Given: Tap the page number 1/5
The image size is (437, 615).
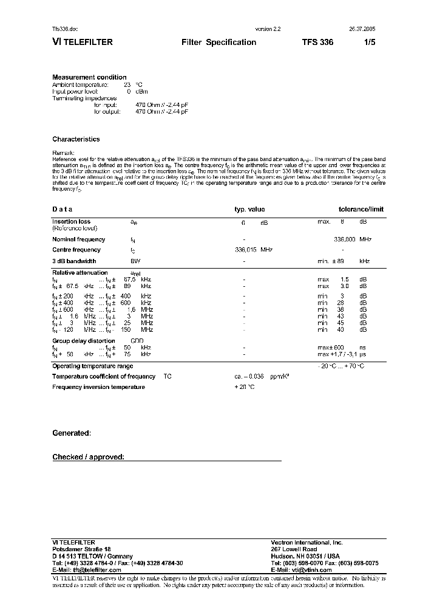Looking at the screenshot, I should point(370,43).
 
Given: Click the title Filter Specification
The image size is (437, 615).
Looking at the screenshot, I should point(218,43).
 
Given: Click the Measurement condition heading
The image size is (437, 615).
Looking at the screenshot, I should point(89,77).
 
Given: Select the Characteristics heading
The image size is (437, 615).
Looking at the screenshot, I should point(76,139).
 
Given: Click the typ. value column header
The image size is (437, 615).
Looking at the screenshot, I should point(249,209).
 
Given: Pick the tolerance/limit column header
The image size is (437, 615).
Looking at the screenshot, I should point(361,209).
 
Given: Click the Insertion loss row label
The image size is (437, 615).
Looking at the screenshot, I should point(72,222).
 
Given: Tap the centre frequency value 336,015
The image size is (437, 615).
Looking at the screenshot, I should point(246,250).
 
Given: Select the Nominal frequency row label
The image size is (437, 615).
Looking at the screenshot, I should point(79,239).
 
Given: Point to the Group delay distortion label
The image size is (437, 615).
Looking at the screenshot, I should point(84,341).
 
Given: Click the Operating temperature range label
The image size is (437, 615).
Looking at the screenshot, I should point(93,366).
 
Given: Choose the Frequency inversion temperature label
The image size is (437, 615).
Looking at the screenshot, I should point(98,387).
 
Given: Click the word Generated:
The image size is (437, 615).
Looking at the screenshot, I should point(72,433).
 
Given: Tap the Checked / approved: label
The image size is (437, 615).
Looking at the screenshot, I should point(88,456).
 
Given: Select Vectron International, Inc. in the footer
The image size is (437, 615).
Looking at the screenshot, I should point(307,542).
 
